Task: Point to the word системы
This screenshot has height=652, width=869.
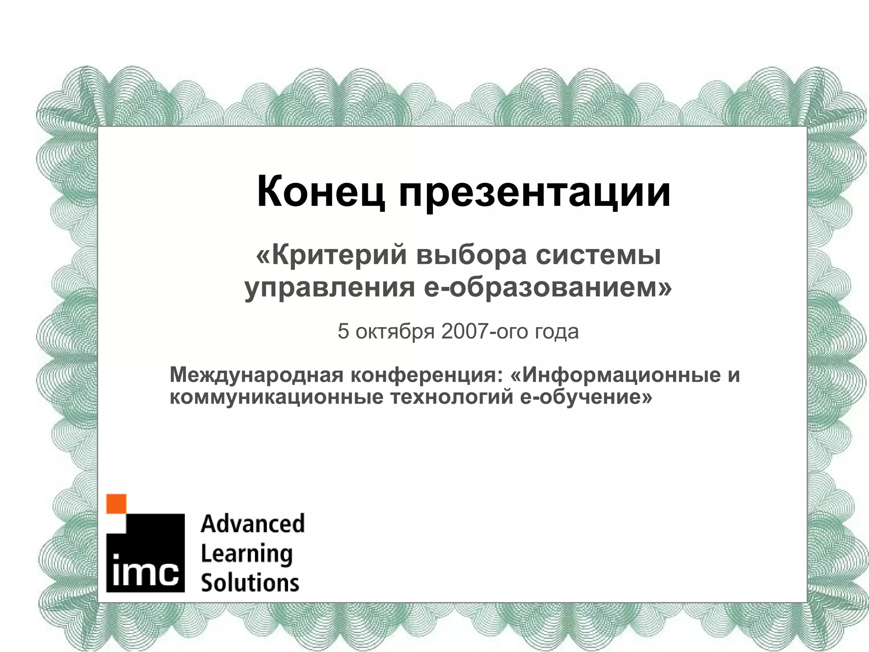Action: [x=598, y=256]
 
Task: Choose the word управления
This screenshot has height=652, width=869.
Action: [x=329, y=288]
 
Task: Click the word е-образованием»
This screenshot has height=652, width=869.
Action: [x=548, y=287]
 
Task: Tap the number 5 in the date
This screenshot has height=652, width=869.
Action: [x=343, y=332]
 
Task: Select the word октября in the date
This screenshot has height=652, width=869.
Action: [x=395, y=332]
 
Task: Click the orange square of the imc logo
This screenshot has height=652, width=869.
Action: [x=116, y=504]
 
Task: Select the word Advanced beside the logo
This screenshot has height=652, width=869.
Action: [x=253, y=523]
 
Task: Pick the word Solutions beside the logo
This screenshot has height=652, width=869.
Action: [x=250, y=582]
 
